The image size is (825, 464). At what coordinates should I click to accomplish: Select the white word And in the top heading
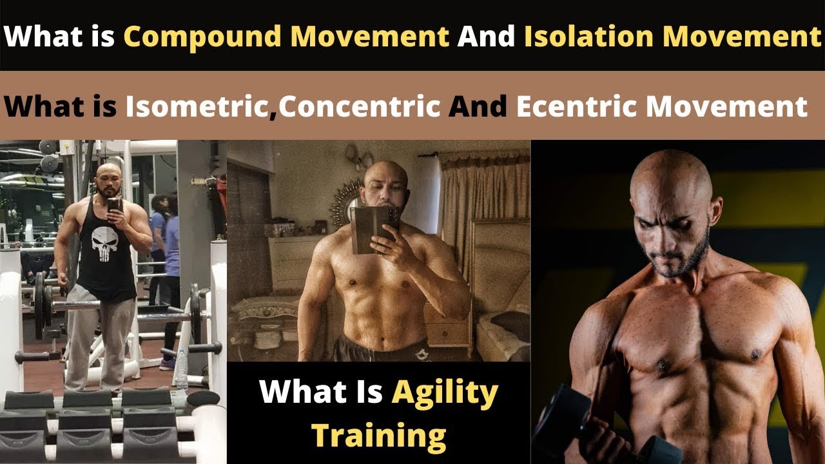click(486, 37)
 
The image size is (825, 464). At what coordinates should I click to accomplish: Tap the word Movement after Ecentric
click(726, 106)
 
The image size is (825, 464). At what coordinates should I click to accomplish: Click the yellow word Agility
click(445, 392)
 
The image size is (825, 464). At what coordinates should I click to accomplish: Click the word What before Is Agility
click(300, 392)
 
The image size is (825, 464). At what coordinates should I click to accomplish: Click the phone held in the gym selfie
click(113, 205)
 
